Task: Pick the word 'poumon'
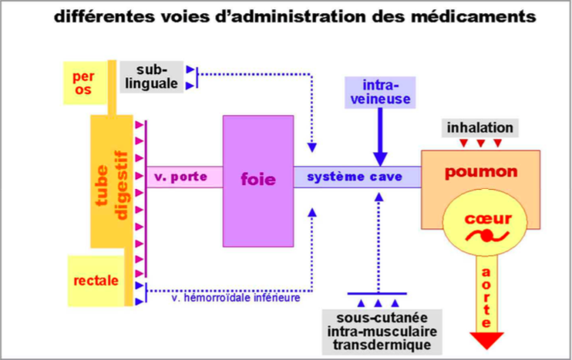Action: click(480, 171)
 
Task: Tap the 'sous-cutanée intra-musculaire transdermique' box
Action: click(377, 330)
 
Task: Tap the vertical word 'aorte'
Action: click(483, 296)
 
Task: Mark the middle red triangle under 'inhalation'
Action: click(480, 143)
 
